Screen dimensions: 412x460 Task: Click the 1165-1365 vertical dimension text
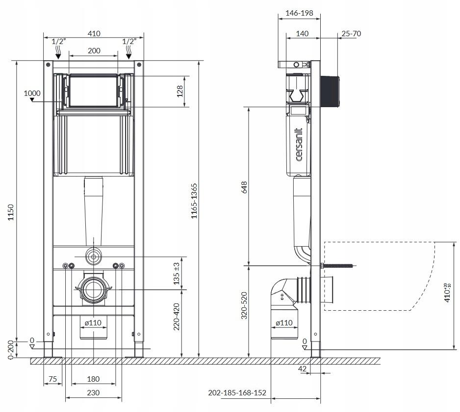(194, 201)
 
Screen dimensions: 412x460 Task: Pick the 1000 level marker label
(32, 93)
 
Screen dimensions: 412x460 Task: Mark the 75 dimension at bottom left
(52, 379)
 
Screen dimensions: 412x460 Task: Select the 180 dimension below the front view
(93, 379)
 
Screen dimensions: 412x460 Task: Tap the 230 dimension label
(93, 392)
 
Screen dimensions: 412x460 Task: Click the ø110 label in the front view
(93, 322)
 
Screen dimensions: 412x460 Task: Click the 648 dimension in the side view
(244, 187)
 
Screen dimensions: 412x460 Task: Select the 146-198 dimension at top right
(299, 13)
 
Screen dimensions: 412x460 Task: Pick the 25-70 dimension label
(351, 33)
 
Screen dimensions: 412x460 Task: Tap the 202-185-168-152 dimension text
(237, 392)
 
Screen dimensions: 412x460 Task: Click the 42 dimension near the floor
(302, 368)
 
